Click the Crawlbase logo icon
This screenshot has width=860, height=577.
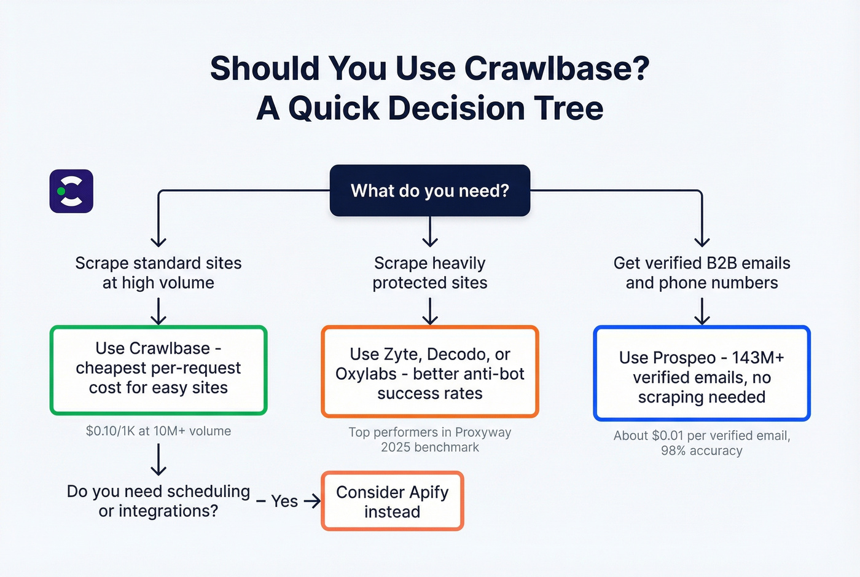point(71,191)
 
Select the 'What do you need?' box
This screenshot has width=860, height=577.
point(429,190)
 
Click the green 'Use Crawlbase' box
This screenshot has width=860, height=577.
point(158,370)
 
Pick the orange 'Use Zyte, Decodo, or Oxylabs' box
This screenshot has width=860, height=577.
point(429,372)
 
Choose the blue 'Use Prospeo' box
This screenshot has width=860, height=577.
point(702,374)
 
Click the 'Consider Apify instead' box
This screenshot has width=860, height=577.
point(392,501)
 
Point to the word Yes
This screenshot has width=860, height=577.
point(284,501)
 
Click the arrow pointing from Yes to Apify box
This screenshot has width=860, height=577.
point(313,501)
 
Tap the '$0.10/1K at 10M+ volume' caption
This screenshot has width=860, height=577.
point(158,431)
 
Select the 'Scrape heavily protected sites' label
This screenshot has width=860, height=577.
point(429,273)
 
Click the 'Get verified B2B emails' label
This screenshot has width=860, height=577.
point(702,264)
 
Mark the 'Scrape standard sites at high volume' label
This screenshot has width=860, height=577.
point(158,273)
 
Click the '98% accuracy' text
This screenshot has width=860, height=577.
point(702,451)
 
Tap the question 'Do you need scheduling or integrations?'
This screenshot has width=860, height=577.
point(158,501)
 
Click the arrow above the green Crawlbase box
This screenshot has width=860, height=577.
point(158,311)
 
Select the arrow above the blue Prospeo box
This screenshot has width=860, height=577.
point(702,311)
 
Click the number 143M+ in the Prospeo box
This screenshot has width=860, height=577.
point(757,358)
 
